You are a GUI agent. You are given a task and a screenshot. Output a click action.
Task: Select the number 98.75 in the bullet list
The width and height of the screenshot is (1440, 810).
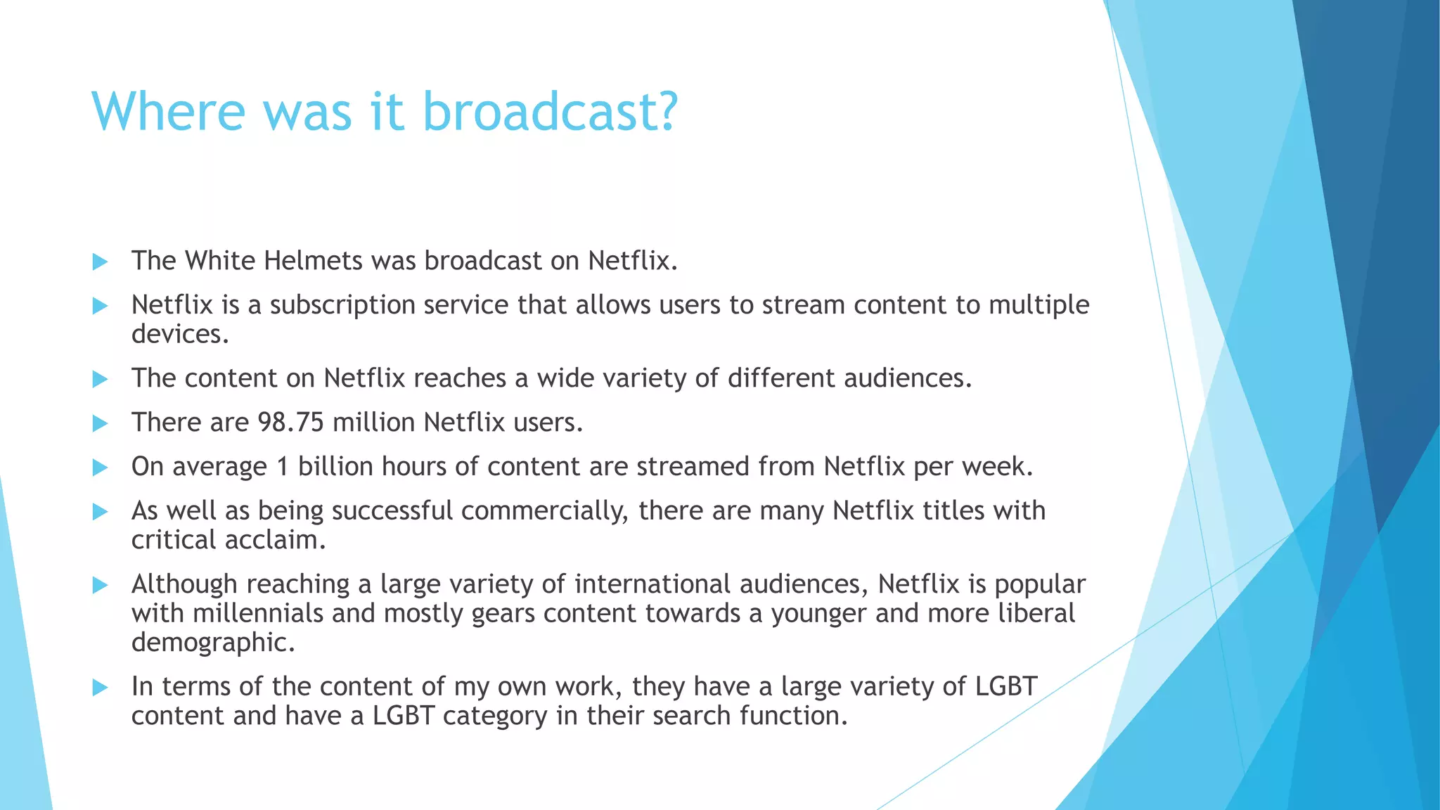[290, 423]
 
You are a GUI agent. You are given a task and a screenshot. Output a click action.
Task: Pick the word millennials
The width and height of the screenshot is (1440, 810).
[258, 613]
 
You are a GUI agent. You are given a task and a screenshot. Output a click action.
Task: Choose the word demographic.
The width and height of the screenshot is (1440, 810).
[213, 643]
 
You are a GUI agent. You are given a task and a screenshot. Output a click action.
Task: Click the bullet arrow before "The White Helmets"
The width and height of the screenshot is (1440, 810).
[101, 262]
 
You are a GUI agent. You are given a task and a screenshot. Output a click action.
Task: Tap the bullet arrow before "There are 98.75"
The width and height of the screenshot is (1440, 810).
[101, 423]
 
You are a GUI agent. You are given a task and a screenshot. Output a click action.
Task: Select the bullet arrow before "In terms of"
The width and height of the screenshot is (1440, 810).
[101, 688]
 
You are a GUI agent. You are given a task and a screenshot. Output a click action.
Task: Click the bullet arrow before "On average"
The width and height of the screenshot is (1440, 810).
[101, 468]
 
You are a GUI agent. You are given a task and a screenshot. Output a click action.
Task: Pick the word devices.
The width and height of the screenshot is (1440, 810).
[180, 334]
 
